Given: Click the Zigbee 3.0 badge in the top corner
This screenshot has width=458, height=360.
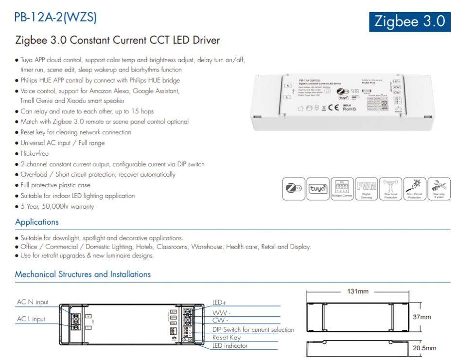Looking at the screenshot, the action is (409, 21).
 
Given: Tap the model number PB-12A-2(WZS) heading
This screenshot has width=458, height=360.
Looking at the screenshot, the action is (55, 18).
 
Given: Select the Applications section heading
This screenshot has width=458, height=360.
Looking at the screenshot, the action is (37, 222).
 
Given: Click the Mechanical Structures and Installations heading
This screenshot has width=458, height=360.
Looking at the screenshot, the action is (83, 274).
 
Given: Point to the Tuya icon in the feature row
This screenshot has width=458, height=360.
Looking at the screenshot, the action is (318, 189).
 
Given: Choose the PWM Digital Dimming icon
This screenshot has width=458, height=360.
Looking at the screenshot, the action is (366, 189).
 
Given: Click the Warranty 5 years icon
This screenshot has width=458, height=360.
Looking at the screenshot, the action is (439, 189).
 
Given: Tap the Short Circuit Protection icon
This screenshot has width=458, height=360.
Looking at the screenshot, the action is (414, 189).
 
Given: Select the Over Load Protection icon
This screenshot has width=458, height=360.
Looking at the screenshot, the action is (390, 189).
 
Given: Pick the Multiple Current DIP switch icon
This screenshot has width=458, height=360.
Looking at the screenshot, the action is (342, 189).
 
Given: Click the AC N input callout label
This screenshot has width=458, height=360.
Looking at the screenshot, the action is (33, 302).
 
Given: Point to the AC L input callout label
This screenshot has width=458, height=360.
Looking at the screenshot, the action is (31, 319).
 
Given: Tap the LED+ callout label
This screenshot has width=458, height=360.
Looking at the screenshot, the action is (219, 303).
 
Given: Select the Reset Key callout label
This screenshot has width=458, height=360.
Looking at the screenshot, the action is (227, 337).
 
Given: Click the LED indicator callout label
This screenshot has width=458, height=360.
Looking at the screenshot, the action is (230, 345).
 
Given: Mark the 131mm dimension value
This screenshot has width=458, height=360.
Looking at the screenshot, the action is (357, 291).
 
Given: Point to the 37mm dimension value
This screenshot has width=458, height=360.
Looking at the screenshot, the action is (422, 317).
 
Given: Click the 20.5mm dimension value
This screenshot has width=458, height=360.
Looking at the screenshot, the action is (424, 348).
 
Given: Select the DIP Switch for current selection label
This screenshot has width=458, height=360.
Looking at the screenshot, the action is (253, 329).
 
